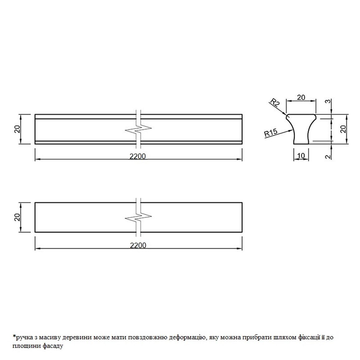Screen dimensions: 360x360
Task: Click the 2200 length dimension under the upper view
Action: coord(138,156)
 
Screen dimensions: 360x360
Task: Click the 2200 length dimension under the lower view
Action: coord(138,245)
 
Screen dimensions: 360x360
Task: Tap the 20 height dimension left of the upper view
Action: coord(17,129)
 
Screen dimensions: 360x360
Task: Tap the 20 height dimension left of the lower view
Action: coord(17,217)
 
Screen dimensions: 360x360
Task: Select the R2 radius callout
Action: coord(275,102)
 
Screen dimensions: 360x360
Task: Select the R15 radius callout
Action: coord(271,133)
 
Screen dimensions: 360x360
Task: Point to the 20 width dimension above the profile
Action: coord(301,97)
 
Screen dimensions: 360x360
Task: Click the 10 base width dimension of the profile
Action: coord(301,156)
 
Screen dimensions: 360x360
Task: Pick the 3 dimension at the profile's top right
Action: coord(329,101)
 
